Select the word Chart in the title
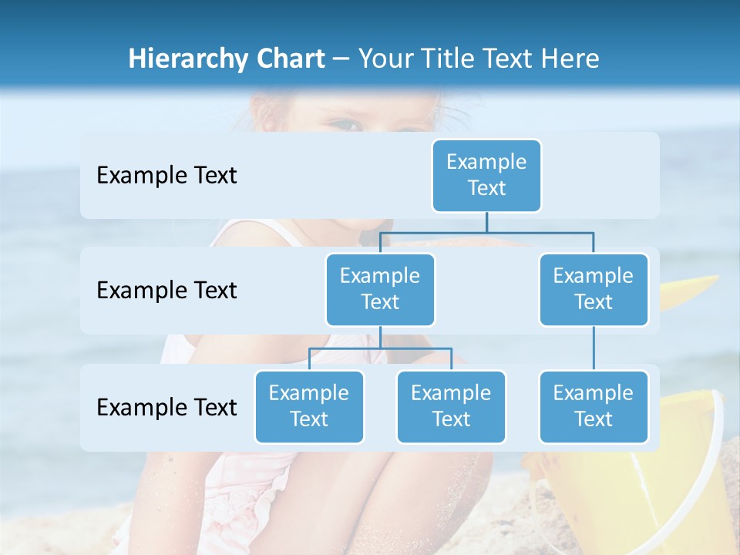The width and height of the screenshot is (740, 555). pos(288,59)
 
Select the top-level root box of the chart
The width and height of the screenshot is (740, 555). pos(486,175)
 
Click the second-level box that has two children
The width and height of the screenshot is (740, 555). pos(380,289)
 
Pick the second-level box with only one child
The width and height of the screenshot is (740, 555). pos(594,289)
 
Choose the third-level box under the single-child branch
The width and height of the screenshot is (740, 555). pos(594,406)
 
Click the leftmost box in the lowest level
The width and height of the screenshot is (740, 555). pos(309,406)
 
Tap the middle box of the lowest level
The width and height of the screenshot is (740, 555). pos(451,406)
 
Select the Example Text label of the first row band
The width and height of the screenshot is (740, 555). pos(166,176)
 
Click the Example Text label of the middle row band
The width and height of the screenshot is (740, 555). pos(166,291)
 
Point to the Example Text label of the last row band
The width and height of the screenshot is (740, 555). pos(166,407)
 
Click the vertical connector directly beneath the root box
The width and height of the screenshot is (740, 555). pos(486,222)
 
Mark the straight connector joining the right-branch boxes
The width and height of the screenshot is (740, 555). pos(594,348)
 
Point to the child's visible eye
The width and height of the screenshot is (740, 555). pos(348,122)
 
